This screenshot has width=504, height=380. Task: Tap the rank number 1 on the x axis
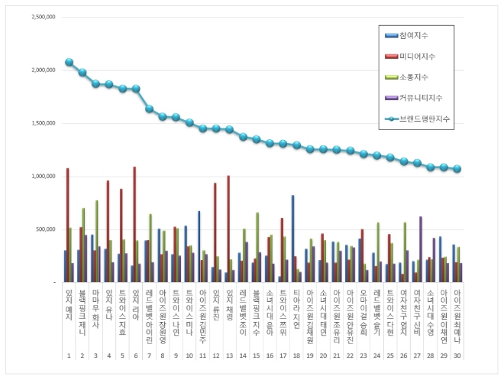pyautogui.click(x=69, y=356)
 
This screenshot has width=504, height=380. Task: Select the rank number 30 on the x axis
pyautogui.click(x=457, y=356)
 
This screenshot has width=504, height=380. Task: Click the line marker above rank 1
pyautogui.click(x=69, y=62)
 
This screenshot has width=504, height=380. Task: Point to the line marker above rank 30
pyautogui.click(x=457, y=169)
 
